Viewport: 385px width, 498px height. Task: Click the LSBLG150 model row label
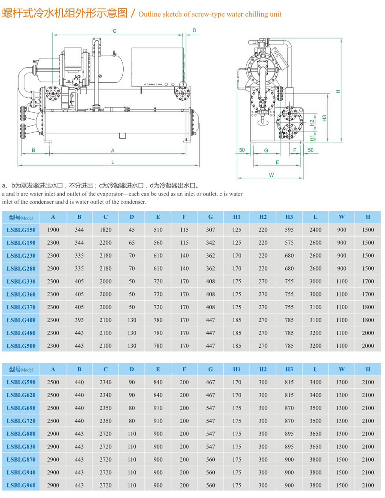[x=21, y=230]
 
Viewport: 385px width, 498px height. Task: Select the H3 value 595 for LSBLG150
[x=289, y=230]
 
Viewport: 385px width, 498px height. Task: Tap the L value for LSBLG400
[x=315, y=320]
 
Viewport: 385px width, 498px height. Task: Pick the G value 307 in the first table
[x=211, y=230]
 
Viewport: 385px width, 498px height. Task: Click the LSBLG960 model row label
[x=21, y=485]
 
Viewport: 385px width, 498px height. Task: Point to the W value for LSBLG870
[x=341, y=459]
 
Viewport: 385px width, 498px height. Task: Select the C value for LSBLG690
[x=105, y=408]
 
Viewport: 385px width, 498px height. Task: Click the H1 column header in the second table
[x=236, y=369]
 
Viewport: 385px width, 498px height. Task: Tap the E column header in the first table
[x=158, y=217]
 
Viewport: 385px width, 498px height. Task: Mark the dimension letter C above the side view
[x=115, y=31]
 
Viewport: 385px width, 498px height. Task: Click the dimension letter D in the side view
[x=194, y=30]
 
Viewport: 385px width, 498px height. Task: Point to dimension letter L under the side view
[x=113, y=162]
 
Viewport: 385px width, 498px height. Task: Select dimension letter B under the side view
[x=33, y=150]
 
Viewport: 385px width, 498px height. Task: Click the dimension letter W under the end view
[x=271, y=175]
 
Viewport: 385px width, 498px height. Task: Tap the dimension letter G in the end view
[x=266, y=150]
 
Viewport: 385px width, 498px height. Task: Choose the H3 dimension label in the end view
[x=324, y=118]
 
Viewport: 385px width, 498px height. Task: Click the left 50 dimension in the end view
[x=242, y=150]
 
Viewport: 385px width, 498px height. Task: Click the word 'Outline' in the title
[x=149, y=14]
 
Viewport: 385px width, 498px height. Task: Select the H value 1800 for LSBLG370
[x=368, y=307]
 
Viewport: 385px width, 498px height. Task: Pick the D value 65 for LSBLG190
[x=132, y=242]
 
